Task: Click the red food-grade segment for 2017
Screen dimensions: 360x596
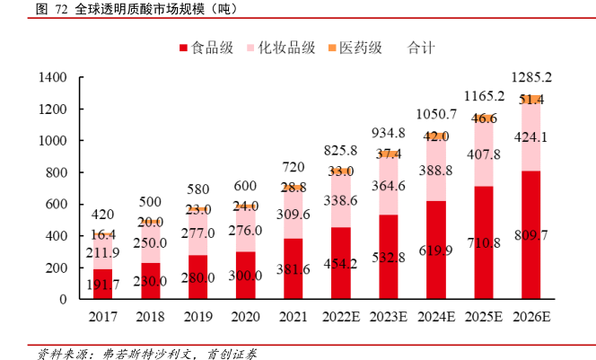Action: pyautogui.click(x=103, y=284)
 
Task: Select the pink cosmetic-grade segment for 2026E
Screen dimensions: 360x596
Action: pyautogui.click(x=530, y=138)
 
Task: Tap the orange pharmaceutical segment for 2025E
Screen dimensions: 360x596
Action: pyautogui.click(x=483, y=119)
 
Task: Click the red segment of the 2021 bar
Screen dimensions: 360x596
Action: pyautogui.click(x=294, y=268)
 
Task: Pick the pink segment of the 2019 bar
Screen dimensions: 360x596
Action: pyautogui.click(x=197, y=233)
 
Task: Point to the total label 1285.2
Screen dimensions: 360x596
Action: pyautogui.click(x=530, y=77)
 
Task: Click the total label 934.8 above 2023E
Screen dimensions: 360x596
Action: pyautogui.click(x=388, y=133)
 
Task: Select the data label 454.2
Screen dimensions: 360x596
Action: pyautogui.click(x=340, y=264)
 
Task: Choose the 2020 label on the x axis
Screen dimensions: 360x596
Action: pyautogui.click(x=245, y=317)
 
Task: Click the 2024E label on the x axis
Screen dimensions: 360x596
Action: pyautogui.click(x=435, y=317)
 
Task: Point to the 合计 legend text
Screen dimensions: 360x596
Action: pyautogui.click(x=421, y=48)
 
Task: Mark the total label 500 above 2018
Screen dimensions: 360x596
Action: pyautogui.click(x=150, y=202)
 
